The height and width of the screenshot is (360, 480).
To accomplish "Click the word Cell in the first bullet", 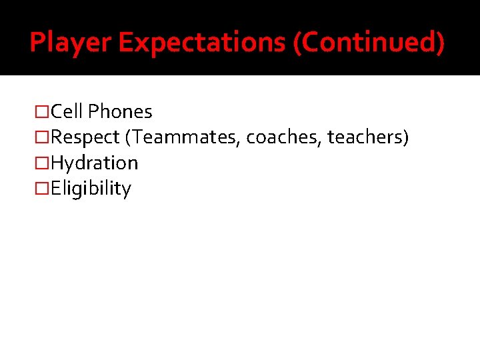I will click(x=67, y=111).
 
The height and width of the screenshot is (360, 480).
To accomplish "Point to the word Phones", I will click(x=120, y=111).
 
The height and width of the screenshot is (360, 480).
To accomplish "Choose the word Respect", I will click(x=86, y=137).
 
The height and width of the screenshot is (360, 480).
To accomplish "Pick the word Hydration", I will click(x=94, y=163).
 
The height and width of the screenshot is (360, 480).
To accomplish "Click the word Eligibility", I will click(x=91, y=189).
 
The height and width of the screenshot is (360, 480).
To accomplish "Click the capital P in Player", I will click(x=37, y=43).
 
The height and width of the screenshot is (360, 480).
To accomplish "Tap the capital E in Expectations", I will click(x=126, y=43).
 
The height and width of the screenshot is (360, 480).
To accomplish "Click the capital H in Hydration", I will click(x=57, y=163).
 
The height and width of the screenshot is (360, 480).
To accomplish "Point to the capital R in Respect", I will click(x=57, y=137).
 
